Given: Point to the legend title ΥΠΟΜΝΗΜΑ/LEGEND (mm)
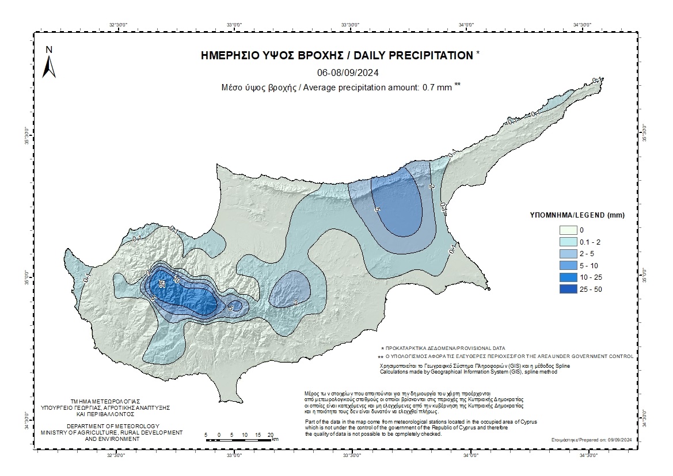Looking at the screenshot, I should click(x=577, y=215).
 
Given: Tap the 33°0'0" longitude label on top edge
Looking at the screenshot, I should click(x=234, y=24).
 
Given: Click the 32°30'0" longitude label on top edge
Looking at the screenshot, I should click(x=117, y=24).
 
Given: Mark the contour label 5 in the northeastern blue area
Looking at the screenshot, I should click(x=378, y=210).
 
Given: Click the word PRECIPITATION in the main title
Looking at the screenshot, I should click(x=413, y=56).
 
